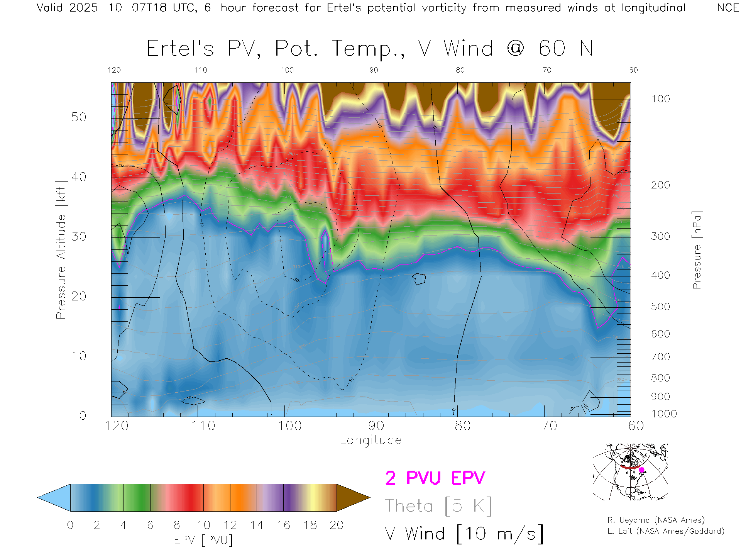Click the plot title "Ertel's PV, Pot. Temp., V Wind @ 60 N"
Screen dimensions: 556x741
click(370, 49)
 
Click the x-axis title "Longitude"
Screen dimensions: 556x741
click(370, 440)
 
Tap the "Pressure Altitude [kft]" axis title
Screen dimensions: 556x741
click(61, 250)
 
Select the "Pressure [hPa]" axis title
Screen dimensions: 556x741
click(697, 250)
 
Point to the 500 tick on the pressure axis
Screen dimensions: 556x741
click(660, 307)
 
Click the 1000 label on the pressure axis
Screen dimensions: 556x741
click(664, 414)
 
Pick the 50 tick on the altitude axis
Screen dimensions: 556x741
click(78, 117)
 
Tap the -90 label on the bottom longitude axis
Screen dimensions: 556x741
click(371, 426)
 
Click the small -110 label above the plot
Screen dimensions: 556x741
click(198, 70)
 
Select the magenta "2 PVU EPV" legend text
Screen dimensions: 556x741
click(435, 478)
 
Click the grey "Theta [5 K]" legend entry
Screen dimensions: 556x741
click(438, 506)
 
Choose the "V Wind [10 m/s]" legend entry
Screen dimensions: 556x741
click(464, 534)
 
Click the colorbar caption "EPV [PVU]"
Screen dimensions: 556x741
click(203, 540)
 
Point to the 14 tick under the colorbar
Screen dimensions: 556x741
click(257, 525)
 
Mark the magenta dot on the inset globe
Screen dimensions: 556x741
click(642, 470)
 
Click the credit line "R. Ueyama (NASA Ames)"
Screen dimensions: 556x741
click(656, 520)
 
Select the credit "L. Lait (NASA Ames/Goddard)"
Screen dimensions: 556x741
click(666, 531)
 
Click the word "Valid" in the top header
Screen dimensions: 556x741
click(49, 8)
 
